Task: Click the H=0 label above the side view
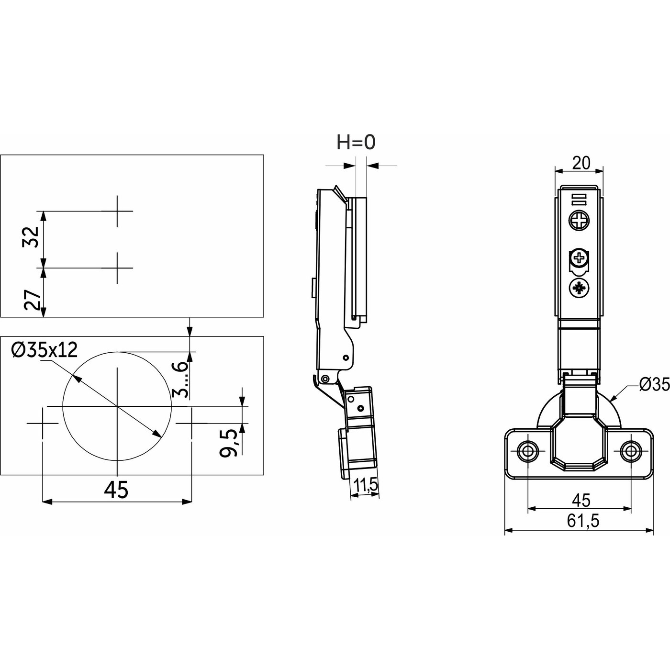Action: point(356,142)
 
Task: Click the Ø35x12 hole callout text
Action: point(45,350)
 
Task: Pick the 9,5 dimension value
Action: point(228,443)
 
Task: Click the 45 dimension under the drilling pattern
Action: point(116,490)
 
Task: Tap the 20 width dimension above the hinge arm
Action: point(581,163)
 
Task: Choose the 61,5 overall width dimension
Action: point(583,521)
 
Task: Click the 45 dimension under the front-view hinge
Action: point(581,500)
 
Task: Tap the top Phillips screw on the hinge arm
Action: point(579,221)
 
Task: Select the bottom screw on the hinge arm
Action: point(579,289)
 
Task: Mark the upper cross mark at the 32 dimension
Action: point(117,211)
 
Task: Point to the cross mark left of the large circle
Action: point(43,423)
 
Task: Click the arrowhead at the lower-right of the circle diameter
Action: point(157,434)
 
